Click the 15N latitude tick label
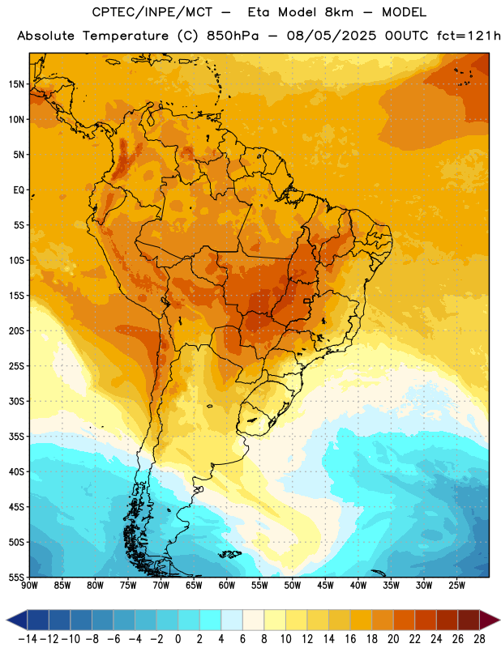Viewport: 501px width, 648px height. pyautogui.click(x=16, y=84)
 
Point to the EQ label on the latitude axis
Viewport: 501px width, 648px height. pyautogui.click(x=19, y=190)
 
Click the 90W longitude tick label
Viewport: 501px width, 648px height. pyautogui.click(x=29, y=586)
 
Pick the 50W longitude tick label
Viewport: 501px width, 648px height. pyautogui.click(x=293, y=586)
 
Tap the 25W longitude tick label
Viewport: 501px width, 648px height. pyautogui.click(x=456, y=586)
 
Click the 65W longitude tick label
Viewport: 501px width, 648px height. pyautogui.click(x=194, y=586)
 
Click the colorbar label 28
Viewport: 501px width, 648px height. pyautogui.click(x=479, y=639)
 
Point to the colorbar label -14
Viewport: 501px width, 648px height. pyautogui.click(x=28, y=639)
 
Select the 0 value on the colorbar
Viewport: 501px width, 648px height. pyautogui.click(x=178, y=639)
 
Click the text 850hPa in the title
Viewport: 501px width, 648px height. pyautogui.click(x=233, y=36)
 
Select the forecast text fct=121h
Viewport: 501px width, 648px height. pyautogui.click(x=469, y=36)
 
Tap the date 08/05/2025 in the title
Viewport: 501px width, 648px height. pyautogui.click(x=332, y=36)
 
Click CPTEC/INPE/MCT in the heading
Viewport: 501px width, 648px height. pyautogui.click(x=152, y=12)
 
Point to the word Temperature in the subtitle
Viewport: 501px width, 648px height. pyautogui.click(x=126, y=36)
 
